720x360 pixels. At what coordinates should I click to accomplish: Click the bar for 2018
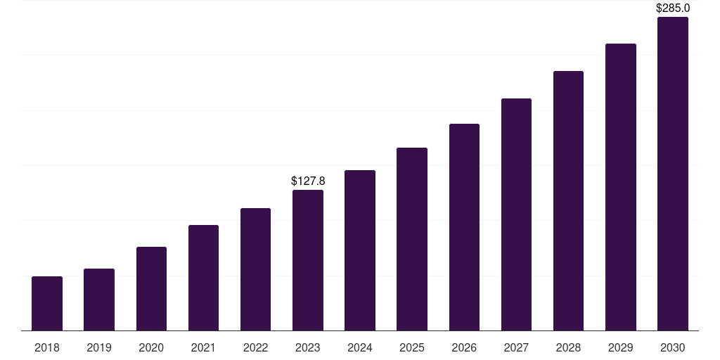point(47,304)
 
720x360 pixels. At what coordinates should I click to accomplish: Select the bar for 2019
point(99,300)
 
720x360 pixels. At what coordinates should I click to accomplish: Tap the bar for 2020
point(151,289)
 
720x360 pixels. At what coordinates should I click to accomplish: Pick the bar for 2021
point(203,278)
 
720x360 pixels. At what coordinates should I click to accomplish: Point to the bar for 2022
point(255,269)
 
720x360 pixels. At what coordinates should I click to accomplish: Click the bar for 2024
point(360,250)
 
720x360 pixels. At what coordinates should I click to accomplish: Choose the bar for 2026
point(464,227)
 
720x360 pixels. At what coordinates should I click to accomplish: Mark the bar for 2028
point(568,201)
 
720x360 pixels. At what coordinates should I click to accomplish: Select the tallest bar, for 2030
point(673,174)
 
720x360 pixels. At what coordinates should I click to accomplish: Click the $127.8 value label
point(308,181)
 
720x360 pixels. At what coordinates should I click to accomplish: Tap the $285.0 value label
point(673,8)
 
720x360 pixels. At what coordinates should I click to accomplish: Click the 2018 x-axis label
point(47,347)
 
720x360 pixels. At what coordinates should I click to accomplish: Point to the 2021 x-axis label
point(203,347)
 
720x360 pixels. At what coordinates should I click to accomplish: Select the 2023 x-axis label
point(308,347)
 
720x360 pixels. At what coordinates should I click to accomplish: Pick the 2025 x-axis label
point(412,347)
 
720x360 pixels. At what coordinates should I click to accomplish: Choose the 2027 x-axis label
point(516,347)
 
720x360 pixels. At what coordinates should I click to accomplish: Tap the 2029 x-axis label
point(621,347)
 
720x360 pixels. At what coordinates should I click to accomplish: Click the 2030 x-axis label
point(673,347)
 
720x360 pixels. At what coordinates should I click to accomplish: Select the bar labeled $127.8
point(308,260)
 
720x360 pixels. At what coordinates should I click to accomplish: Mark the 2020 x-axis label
point(151,347)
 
